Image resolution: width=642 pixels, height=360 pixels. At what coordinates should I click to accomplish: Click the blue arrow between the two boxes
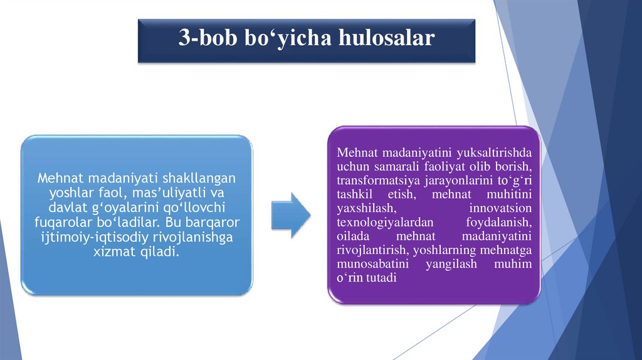tap(291, 215)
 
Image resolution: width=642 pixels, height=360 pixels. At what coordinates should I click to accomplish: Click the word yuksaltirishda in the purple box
tap(494, 153)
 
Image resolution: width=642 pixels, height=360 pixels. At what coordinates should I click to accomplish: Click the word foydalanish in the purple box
tap(499, 222)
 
